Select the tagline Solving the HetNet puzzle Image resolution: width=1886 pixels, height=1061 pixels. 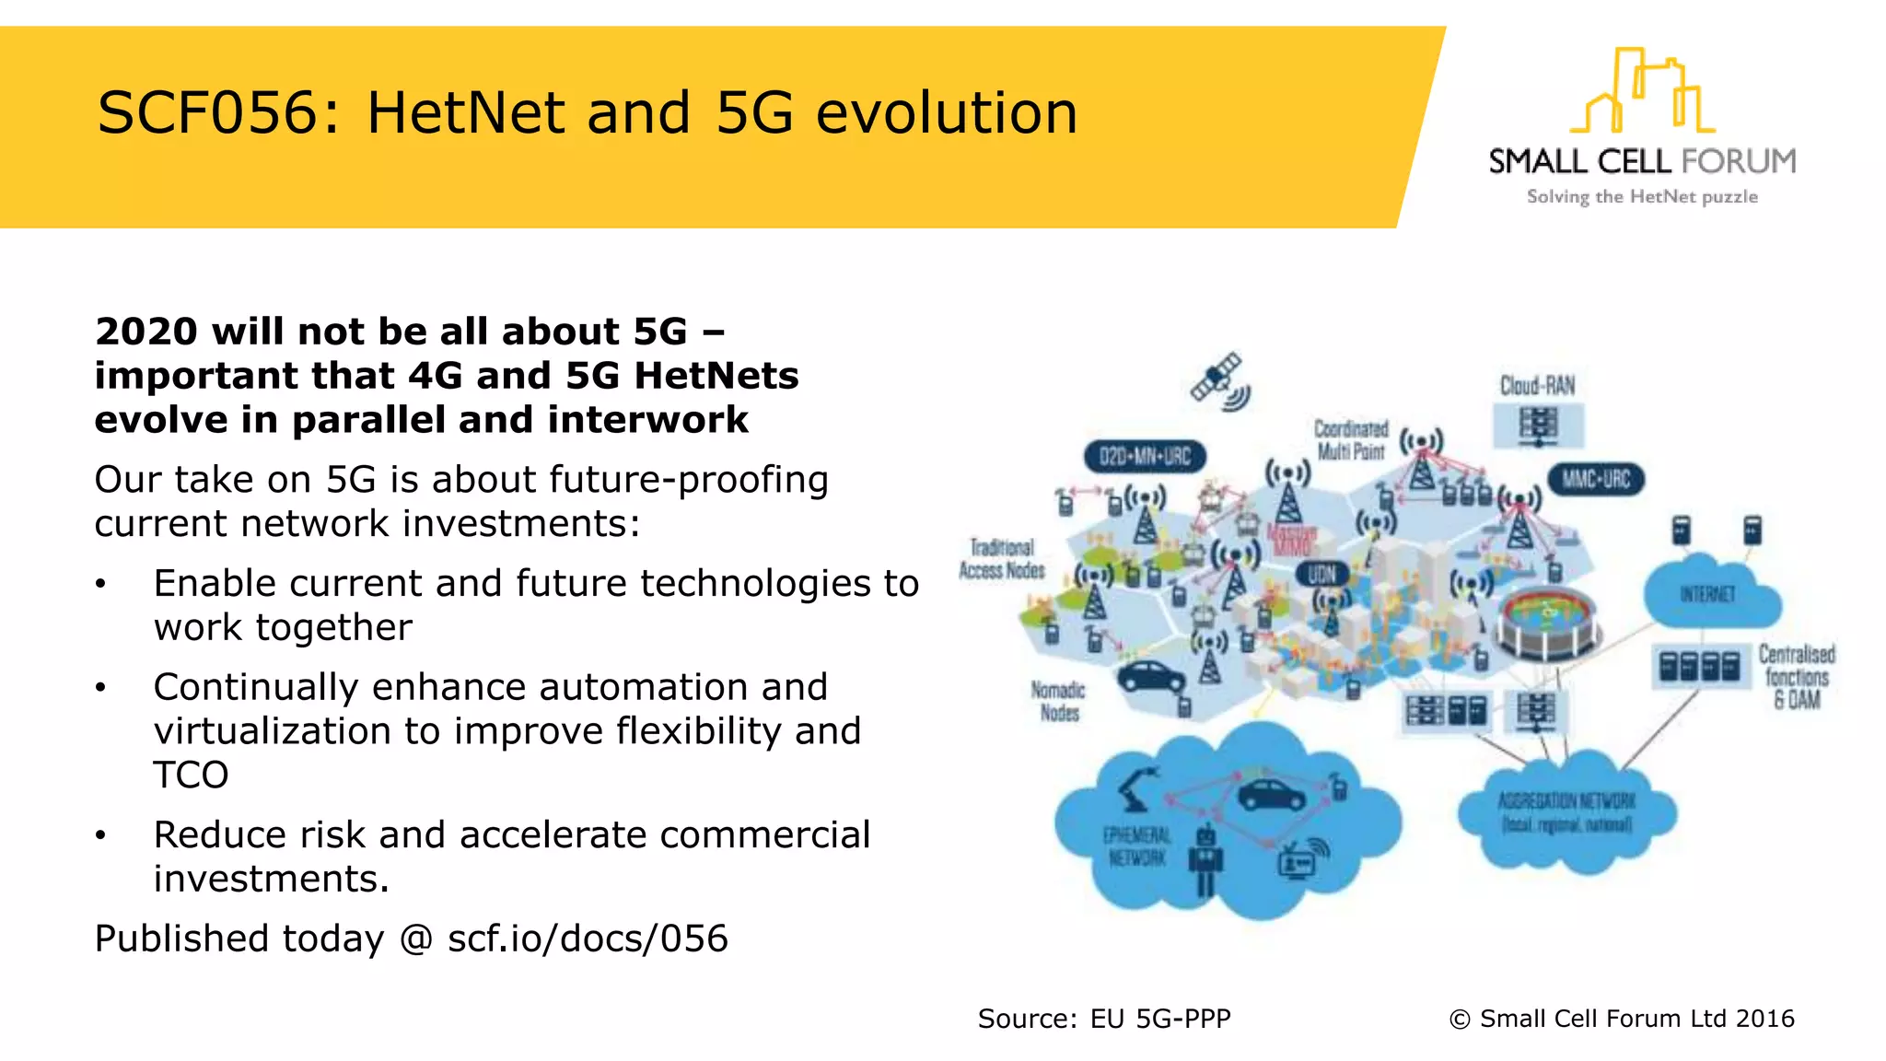tap(1642, 196)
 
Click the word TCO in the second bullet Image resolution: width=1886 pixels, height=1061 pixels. tap(191, 775)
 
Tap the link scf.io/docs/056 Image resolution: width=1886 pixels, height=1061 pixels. tap(588, 939)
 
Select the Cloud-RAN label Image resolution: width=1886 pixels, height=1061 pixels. tap(1537, 385)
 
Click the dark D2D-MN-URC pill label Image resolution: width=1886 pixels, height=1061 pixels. tap(1145, 456)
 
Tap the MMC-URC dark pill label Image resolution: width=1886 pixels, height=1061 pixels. tap(1595, 479)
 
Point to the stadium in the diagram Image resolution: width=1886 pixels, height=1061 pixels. tap(1546, 622)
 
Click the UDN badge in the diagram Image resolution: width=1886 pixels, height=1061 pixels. tap(1321, 574)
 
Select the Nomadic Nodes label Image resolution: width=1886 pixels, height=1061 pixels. tap(1058, 701)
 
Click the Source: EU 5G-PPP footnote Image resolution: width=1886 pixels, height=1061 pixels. tap(1103, 1019)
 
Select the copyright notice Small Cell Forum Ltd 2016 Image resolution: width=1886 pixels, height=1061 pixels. tap(1622, 1019)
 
